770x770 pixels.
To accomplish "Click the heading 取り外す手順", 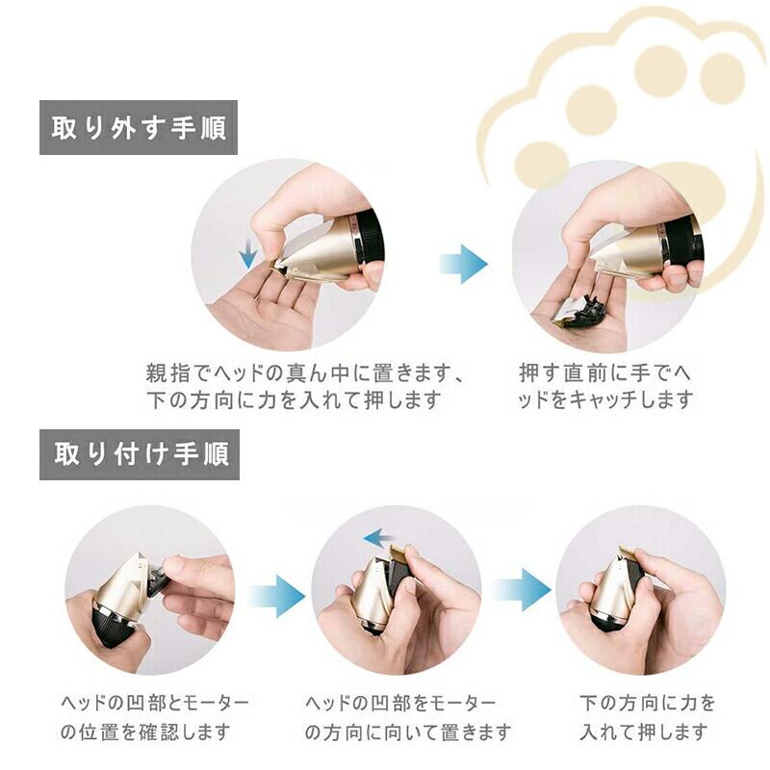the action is tap(139, 128).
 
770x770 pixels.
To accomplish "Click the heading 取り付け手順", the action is tap(141, 453).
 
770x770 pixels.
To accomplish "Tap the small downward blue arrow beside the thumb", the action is tap(248, 252).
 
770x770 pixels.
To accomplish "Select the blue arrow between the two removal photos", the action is tap(463, 264).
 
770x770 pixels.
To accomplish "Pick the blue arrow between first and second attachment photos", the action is tap(275, 597).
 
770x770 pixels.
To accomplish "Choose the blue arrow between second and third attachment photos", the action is tap(522, 590).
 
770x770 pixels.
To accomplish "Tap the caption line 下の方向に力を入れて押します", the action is tap(295, 400).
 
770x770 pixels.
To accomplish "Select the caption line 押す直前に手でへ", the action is tap(604, 373).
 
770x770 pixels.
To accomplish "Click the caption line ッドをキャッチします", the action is tap(605, 399).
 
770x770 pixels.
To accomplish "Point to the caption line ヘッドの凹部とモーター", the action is tap(155, 704).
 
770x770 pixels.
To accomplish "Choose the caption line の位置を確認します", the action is tap(145, 731).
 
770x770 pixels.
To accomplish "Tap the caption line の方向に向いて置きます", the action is tap(407, 732).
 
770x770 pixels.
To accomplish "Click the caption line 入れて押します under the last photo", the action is tap(643, 731).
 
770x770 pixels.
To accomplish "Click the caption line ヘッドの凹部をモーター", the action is tap(399, 704).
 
